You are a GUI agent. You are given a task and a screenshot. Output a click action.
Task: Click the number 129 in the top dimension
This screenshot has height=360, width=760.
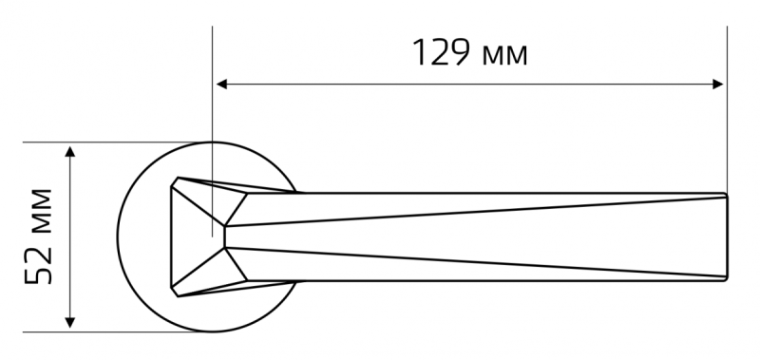tap(440, 52)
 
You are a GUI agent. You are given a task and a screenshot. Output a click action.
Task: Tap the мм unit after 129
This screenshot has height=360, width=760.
tap(504, 56)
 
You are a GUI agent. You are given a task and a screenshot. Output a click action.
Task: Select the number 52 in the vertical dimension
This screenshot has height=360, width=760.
tap(38, 262)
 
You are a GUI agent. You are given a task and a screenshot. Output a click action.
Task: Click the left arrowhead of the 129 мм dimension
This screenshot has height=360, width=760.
tap(221, 85)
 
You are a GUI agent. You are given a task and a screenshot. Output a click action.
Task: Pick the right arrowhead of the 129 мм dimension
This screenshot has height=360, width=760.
tap(718, 85)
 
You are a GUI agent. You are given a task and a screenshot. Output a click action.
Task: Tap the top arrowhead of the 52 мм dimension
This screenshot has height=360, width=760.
tap(70, 151)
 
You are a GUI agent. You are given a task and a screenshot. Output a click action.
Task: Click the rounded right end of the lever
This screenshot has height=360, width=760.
tap(726, 237)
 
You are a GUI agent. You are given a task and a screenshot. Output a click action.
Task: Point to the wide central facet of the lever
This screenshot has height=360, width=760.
tap(475, 237)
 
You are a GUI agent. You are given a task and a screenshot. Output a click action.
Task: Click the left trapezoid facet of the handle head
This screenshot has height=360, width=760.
tap(194, 237)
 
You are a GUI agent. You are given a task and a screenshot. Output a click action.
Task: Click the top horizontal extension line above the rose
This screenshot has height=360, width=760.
tap(116, 142)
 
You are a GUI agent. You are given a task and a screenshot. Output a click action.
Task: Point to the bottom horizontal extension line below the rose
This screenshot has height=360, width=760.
tap(116, 332)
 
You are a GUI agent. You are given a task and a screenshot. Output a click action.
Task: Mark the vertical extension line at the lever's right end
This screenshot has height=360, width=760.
tap(727, 109)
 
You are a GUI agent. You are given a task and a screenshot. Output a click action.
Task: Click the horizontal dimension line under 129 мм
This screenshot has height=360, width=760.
tap(469, 85)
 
